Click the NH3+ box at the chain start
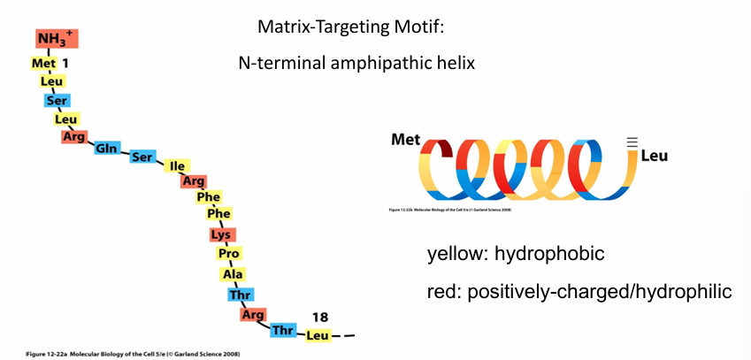(57, 39)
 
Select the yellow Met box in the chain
(43, 65)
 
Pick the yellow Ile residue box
(177, 165)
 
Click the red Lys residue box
(221, 235)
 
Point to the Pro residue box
(227, 254)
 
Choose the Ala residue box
(234, 274)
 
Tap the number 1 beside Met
(65, 64)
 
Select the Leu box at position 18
(318, 336)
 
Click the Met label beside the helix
(406, 140)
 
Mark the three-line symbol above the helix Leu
(631, 141)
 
